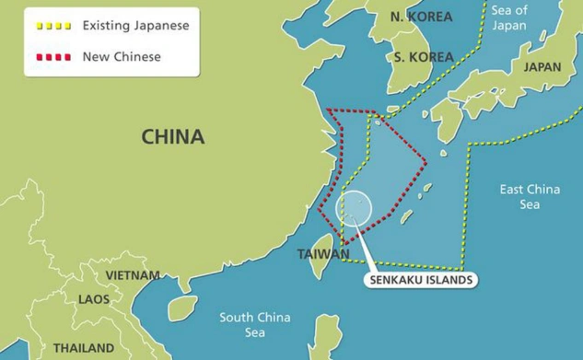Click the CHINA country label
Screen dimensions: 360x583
pyautogui.click(x=172, y=137)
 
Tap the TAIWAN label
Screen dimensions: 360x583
pyautogui.click(x=323, y=254)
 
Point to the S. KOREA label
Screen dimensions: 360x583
pyautogui.click(x=424, y=56)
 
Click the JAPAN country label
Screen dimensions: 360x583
pyautogui.click(x=542, y=67)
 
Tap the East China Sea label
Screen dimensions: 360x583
pyautogui.click(x=529, y=197)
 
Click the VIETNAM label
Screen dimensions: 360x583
pyautogui.click(x=132, y=275)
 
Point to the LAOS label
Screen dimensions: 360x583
pyautogui.click(x=93, y=299)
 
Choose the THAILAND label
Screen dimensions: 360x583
pyautogui.click(x=83, y=348)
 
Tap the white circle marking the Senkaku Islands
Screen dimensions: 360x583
pyautogui.click(x=355, y=207)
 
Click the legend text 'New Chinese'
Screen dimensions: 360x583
pyautogui.click(x=122, y=57)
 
